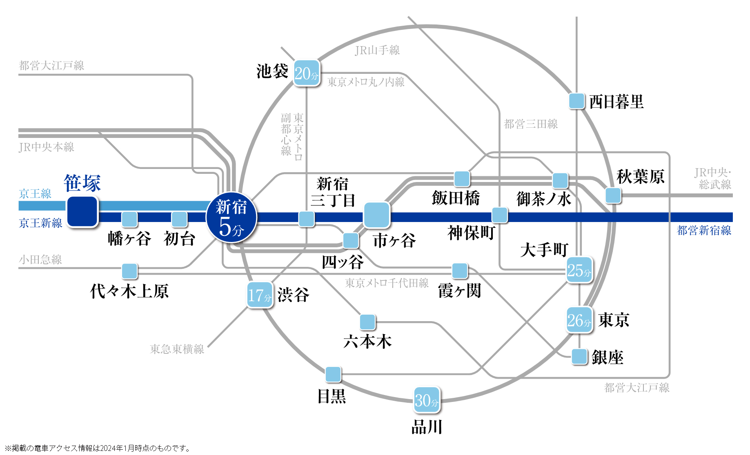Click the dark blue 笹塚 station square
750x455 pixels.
82,211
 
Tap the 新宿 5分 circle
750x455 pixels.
232,218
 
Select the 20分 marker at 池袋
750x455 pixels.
306,73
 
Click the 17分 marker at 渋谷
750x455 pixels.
260,295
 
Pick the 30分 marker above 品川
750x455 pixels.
427,400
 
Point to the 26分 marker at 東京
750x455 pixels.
579,320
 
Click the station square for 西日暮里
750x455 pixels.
576,101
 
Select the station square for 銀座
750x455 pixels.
579,357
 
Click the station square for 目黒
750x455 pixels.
333,374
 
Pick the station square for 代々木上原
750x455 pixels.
130,271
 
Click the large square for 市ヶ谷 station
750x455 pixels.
376,215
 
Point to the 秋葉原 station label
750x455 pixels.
641,177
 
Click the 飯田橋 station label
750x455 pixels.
456,198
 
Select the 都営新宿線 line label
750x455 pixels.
704,231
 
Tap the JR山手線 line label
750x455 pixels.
377,50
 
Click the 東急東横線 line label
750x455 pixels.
177,349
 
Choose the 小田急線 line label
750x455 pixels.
40,260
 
